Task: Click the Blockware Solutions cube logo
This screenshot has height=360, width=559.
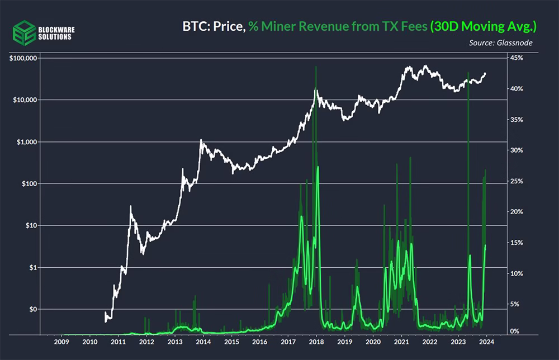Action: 24,33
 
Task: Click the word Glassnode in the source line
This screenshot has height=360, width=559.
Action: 514,43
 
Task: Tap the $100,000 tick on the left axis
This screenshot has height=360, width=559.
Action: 23,58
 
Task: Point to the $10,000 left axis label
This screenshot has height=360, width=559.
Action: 25,100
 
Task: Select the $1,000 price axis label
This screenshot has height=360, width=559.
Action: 27,142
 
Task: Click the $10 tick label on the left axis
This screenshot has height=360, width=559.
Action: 31,225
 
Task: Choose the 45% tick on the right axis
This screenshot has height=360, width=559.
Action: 517,58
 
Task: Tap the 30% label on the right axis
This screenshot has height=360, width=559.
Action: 517,150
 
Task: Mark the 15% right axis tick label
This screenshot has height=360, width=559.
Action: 517,243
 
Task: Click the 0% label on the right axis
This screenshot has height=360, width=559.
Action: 515,331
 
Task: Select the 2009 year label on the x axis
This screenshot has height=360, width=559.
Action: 61,342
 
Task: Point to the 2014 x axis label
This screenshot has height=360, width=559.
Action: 203,342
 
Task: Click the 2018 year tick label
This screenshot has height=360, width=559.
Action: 316,342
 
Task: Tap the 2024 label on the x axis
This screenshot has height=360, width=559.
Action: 487,342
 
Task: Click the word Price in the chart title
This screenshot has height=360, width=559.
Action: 229,26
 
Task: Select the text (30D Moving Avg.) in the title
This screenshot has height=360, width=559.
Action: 484,26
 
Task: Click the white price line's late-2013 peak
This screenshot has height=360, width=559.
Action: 201,140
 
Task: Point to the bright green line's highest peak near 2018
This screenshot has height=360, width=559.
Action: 318,167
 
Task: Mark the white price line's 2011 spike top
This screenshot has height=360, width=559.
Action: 130,206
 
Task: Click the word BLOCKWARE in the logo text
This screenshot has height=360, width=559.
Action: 56,30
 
